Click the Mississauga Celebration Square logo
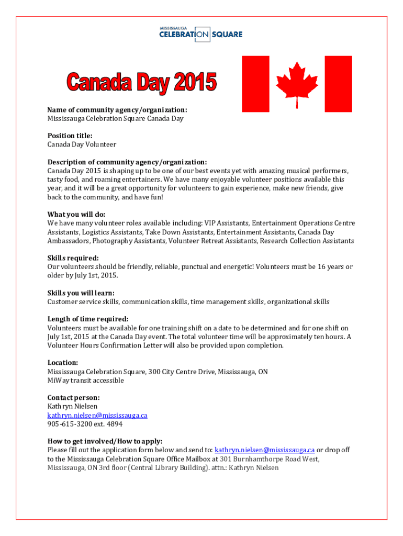coord(201,33)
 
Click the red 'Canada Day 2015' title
coord(141,83)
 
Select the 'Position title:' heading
coord(70,136)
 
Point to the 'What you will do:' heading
coord(76,215)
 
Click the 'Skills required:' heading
coord(73,258)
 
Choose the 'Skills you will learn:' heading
coord(81,293)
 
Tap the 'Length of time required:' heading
coord(88,319)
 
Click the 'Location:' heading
coord(63,363)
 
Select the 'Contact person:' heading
coord(73,398)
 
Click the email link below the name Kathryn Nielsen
coord(97,416)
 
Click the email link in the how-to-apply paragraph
coord(264,450)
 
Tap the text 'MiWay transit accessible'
coord(86,381)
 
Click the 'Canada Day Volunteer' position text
coord(82,144)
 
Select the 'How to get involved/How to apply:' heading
coord(105,441)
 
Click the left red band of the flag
coord(255,84)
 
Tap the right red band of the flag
coord(338,84)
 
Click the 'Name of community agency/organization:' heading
coord(117,110)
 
